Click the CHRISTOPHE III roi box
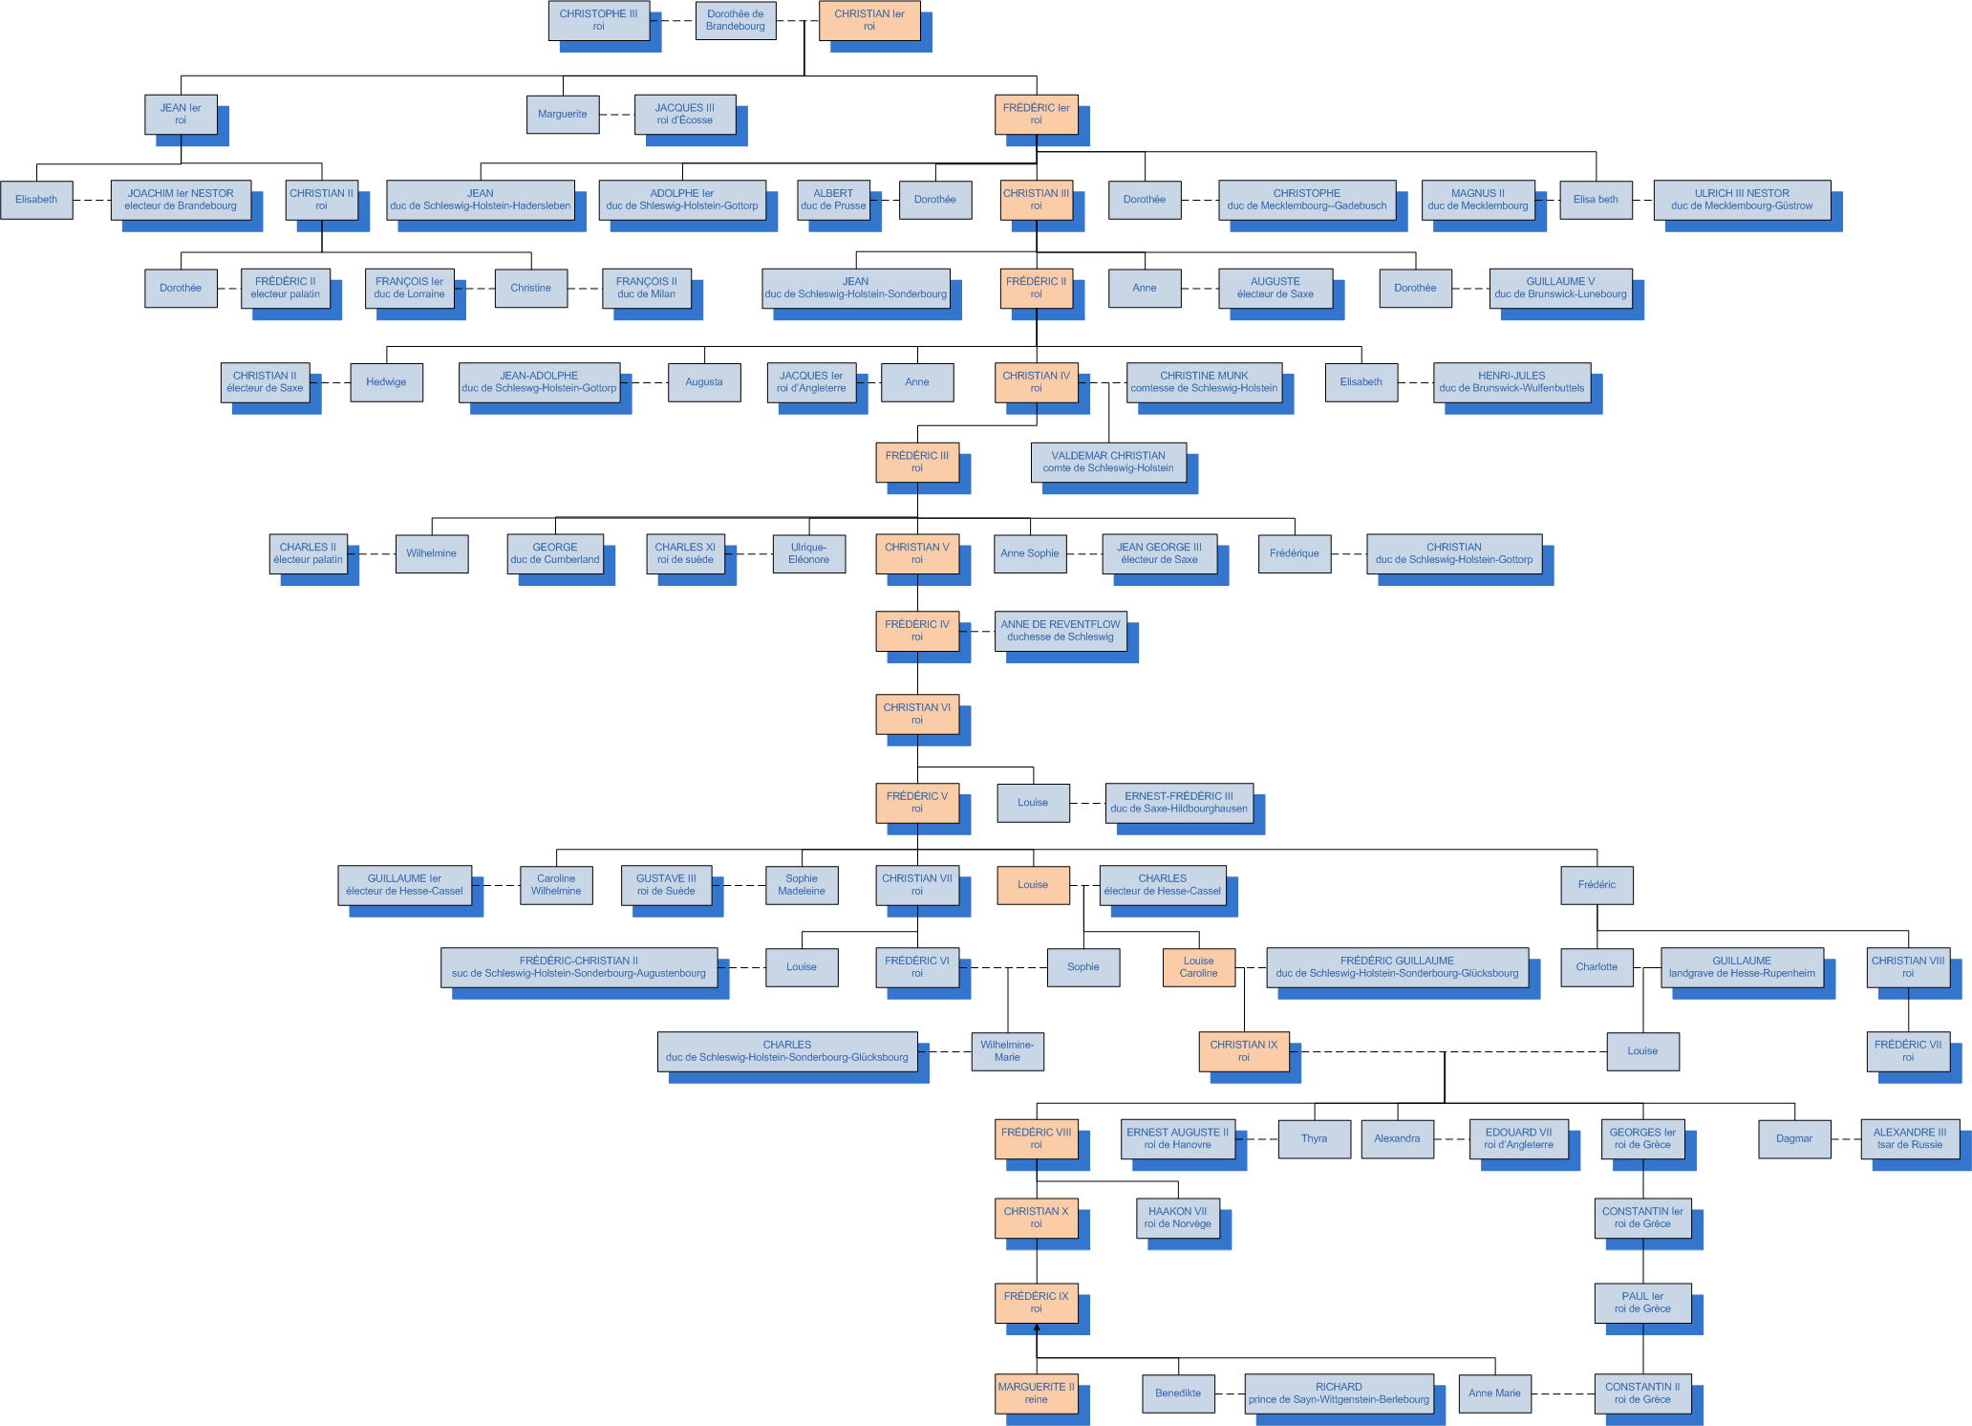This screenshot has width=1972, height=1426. tap(598, 20)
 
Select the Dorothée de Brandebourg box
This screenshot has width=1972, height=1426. tap(735, 20)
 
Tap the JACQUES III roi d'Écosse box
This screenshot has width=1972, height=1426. tap(684, 114)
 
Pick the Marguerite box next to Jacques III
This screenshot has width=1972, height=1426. tap(562, 114)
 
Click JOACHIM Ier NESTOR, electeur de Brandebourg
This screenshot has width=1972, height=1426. tap(181, 199)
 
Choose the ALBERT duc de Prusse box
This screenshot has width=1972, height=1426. tap(833, 199)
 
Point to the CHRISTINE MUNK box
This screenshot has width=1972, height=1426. tap(1203, 381)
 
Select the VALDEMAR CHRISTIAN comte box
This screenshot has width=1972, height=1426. tap(1107, 462)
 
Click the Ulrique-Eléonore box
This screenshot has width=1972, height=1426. tap(808, 553)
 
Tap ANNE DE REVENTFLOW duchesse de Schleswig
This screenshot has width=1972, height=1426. tap(1060, 630)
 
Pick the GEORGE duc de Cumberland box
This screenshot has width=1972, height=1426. tap(554, 553)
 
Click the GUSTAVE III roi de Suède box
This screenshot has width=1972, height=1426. tap(666, 884)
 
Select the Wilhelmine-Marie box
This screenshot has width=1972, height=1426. tap(1007, 1050)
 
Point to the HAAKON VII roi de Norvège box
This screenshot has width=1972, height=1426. tap(1177, 1217)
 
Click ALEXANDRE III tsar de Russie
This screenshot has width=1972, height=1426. tap(1909, 1138)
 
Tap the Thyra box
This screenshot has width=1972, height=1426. tap(1314, 1138)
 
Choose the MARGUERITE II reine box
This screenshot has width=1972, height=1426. tap(1036, 1393)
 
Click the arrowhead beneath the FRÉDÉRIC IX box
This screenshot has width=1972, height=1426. tap(1037, 1328)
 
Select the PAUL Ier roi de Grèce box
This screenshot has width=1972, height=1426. tap(1642, 1302)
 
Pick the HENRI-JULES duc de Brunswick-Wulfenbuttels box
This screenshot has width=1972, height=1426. tap(1511, 381)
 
